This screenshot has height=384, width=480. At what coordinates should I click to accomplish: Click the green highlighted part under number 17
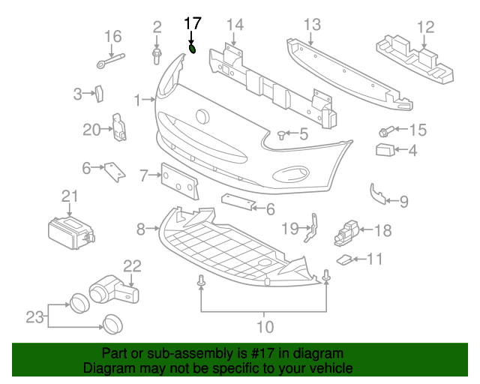pyautogui.click(x=192, y=49)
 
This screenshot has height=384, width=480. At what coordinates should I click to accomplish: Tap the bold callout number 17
pyautogui.click(x=193, y=23)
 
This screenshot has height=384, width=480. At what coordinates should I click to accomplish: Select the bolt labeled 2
pyautogui.click(x=157, y=56)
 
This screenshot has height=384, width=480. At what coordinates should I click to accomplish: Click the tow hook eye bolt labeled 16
pyautogui.click(x=111, y=61)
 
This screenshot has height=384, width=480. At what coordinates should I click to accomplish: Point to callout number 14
pyautogui.click(x=235, y=25)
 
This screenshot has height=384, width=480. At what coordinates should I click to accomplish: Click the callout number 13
pyautogui.click(x=312, y=25)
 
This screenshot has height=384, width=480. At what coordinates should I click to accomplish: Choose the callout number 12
pyautogui.click(x=425, y=27)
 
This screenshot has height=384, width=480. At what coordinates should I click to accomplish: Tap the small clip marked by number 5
pyautogui.click(x=281, y=135)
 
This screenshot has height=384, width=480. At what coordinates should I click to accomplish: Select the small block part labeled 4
pyautogui.click(x=385, y=150)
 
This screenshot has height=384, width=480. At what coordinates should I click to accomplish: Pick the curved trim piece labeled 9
pyautogui.click(x=378, y=194)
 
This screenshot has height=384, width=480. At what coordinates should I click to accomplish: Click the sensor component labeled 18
pyautogui.click(x=346, y=233)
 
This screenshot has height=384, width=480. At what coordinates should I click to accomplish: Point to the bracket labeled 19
pyautogui.click(x=311, y=228)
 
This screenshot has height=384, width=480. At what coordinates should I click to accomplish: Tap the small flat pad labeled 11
pyautogui.click(x=344, y=259)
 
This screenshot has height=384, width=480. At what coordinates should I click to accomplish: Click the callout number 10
pyautogui.click(x=265, y=326)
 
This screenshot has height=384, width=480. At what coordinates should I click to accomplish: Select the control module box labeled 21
pyautogui.click(x=71, y=233)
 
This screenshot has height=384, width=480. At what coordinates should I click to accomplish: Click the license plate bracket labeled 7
pyautogui.click(x=180, y=181)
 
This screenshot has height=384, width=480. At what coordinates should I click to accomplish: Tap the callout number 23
pyautogui.click(x=34, y=317)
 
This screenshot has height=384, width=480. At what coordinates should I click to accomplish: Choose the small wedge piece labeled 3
pyautogui.click(x=99, y=94)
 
